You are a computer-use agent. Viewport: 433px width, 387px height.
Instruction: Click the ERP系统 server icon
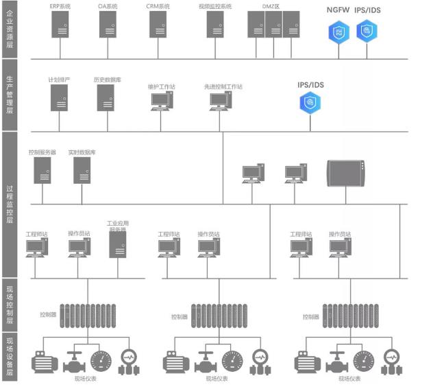click(60, 25)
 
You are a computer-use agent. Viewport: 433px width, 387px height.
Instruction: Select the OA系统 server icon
click(108, 25)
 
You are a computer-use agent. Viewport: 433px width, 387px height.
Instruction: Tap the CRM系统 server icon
click(158, 25)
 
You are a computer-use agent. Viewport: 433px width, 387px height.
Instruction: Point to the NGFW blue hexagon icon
click(338, 31)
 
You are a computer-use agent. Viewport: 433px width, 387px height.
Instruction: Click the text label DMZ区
click(272, 6)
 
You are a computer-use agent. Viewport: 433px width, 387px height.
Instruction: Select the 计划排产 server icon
click(59, 98)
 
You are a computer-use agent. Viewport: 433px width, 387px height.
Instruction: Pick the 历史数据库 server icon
click(107, 98)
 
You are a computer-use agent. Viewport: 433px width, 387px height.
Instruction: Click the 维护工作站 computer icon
click(162, 102)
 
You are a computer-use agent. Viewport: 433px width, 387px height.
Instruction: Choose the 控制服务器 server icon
click(42, 169)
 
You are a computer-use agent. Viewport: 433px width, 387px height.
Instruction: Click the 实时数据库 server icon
click(82, 169)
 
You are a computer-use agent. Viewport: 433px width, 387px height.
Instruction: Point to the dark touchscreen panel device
click(347, 173)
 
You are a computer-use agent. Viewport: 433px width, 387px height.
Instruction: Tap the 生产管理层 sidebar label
click(10, 96)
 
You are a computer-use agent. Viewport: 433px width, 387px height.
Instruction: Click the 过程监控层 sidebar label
click(10, 204)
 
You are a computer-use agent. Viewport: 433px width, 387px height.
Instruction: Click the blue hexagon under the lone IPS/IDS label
click(310, 102)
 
